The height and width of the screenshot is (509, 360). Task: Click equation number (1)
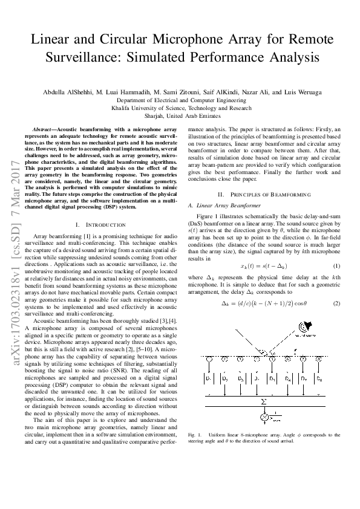337,249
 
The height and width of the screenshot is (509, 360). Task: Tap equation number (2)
337,286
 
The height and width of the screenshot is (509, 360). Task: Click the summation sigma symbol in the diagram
263,401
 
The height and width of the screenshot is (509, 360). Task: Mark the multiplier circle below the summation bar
264,417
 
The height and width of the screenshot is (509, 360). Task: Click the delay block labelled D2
224,378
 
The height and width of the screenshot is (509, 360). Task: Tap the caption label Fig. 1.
195,435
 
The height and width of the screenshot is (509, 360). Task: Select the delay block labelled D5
272,378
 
